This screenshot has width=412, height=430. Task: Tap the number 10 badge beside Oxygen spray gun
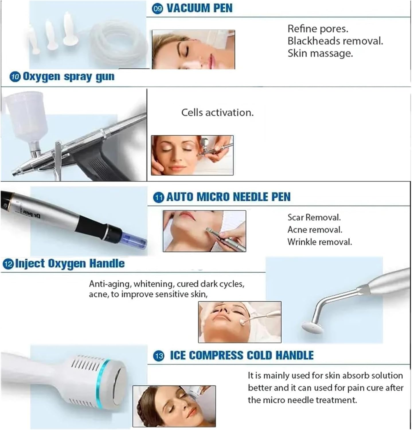click(15, 77)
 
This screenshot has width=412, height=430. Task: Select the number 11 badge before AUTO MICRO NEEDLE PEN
click(159, 198)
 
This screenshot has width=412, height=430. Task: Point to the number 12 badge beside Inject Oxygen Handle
click(8, 264)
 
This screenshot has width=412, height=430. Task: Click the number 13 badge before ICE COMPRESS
click(159, 356)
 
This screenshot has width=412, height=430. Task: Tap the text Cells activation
click(217, 112)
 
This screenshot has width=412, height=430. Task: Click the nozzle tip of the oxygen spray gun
click(14, 173)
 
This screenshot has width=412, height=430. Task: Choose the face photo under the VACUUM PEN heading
click(193, 49)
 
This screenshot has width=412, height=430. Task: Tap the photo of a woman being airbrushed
click(192, 155)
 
